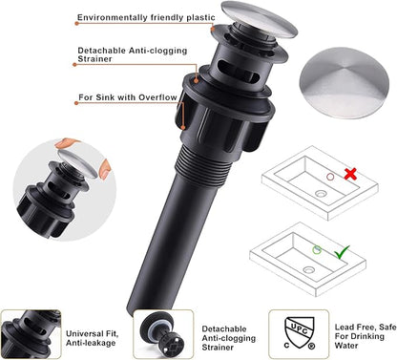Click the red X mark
[350, 174]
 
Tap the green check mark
[342, 252]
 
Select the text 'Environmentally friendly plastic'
[146, 17]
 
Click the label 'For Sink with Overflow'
[128, 97]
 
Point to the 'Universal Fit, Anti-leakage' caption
[93, 338]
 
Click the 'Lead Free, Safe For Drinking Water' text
[366, 336]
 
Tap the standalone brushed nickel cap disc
[345, 83]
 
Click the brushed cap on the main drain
[260, 19]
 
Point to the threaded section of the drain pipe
[203, 169]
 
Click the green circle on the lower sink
[317, 250]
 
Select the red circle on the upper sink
[330, 177]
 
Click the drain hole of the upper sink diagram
[321, 193]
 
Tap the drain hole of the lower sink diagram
[309, 270]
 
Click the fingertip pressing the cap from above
[66, 143]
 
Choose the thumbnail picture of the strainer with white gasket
[163, 334]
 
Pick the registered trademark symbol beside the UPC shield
[311, 346]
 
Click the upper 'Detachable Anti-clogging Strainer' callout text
[133, 54]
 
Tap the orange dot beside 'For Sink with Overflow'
[76, 103]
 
